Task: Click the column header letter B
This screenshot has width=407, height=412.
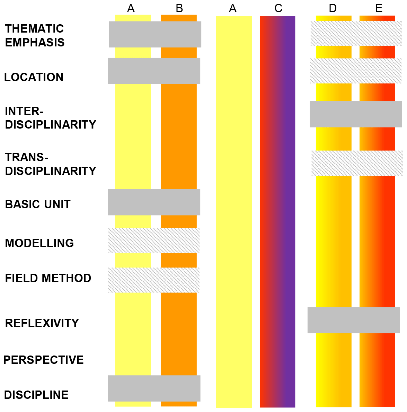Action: [179, 8]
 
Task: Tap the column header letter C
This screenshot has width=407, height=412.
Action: [278, 8]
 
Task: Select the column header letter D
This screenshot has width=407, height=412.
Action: [333, 8]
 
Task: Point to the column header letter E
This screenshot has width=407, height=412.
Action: [379, 8]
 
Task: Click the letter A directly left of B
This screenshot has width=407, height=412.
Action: [131, 8]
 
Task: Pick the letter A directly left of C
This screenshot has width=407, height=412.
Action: [233, 8]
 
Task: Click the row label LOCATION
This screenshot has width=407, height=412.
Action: [34, 77]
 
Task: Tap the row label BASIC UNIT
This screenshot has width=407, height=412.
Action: [38, 204]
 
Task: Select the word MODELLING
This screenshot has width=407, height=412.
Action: [39, 243]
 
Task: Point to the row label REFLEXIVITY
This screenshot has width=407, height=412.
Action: [42, 323]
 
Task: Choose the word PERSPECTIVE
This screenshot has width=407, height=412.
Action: [44, 360]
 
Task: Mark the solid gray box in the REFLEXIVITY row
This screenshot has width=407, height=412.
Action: [354, 320]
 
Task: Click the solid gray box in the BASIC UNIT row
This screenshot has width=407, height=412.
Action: [154, 202]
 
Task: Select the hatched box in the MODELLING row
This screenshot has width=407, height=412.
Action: [154, 240]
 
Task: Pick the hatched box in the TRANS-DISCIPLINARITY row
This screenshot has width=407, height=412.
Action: [357, 163]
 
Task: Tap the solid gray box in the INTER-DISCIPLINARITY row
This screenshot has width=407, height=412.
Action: [356, 114]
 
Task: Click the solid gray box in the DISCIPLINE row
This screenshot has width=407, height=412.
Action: [154, 388]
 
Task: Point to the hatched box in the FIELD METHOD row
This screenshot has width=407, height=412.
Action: [154, 280]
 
